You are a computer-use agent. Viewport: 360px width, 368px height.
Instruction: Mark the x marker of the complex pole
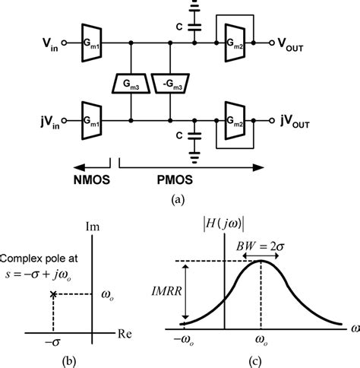pyautogui.click(x=52, y=293)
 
